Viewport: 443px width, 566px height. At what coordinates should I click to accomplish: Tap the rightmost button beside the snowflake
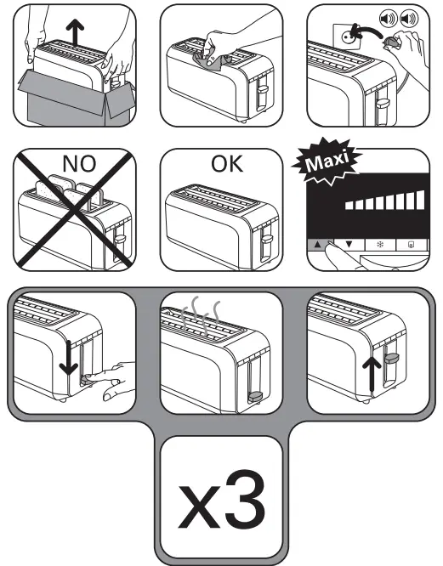point(411,244)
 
